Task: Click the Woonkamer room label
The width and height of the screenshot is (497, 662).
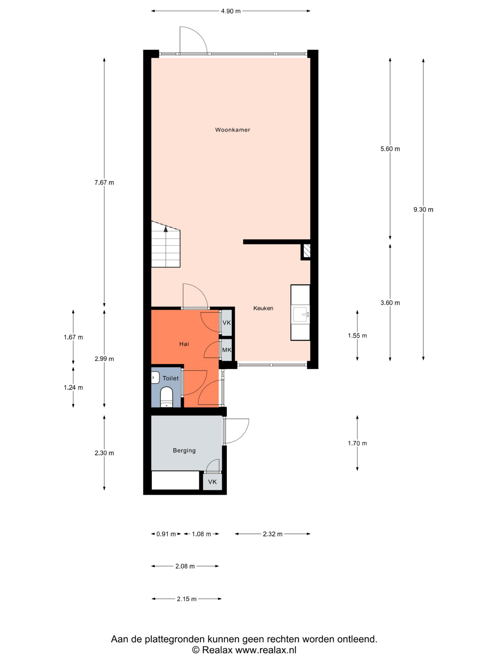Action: click(232, 130)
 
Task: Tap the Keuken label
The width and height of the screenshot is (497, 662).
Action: click(263, 308)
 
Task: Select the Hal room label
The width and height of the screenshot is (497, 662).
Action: click(184, 344)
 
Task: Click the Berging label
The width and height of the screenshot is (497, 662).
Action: click(184, 450)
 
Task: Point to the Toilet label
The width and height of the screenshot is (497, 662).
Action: click(171, 378)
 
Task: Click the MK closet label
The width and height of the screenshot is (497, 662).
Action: click(227, 350)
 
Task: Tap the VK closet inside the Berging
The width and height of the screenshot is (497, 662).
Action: click(213, 482)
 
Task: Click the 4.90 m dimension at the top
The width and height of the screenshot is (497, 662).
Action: click(231, 11)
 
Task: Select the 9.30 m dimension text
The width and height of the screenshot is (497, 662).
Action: click(423, 209)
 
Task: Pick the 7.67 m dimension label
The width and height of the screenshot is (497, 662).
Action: click(104, 183)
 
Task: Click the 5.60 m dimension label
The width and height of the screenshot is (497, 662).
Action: click(390, 149)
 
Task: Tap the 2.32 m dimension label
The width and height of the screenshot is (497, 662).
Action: click(273, 534)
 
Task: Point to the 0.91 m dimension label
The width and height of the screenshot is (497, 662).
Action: click(166, 534)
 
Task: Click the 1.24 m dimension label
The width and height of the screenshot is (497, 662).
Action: click(73, 388)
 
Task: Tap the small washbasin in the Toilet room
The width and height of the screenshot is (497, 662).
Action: click(155, 378)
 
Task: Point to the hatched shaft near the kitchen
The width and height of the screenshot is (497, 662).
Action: click(306, 251)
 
